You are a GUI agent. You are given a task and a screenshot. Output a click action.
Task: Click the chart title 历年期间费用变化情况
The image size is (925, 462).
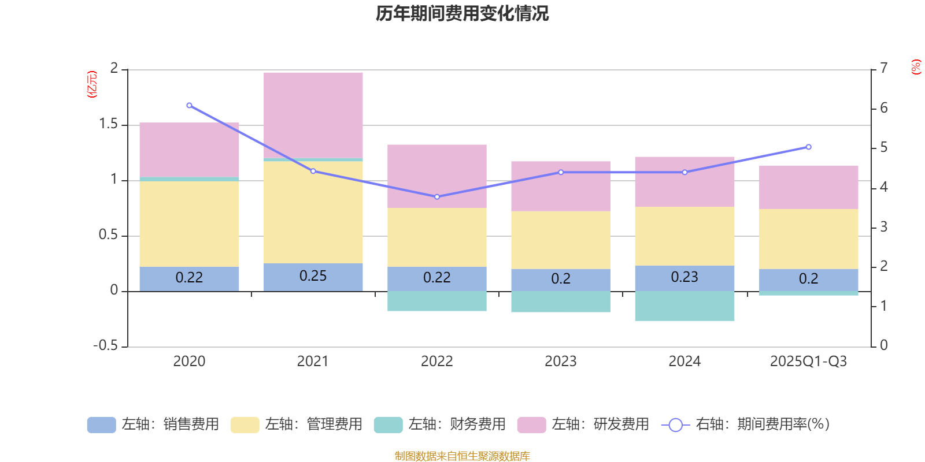(462, 13)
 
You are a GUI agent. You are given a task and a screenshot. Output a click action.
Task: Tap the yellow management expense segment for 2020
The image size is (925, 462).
(189, 223)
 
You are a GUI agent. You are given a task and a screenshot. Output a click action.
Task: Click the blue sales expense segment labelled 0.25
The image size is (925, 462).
(313, 277)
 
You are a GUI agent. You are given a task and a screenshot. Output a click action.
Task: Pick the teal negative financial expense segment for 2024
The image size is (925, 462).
(684, 306)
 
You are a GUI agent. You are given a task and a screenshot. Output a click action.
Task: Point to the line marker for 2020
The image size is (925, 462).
(189, 106)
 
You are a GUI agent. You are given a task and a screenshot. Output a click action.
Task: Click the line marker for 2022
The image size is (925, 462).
(437, 197)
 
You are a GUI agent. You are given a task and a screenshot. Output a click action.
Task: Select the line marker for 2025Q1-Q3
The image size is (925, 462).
(808, 147)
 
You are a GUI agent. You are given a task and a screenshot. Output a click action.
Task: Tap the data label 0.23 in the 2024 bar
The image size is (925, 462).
(684, 277)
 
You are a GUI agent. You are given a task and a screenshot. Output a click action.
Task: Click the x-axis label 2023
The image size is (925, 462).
(561, 362)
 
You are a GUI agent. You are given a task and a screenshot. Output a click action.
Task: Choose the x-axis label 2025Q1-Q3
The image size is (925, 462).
(808, 362)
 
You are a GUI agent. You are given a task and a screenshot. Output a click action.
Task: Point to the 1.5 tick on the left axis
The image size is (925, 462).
(108, 124)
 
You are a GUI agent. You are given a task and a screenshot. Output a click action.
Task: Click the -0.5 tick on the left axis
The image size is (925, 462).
(106, 345)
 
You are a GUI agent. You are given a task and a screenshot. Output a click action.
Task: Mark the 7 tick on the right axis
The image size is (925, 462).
(883, 68)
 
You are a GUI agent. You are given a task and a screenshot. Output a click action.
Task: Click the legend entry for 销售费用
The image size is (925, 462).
(154, 424)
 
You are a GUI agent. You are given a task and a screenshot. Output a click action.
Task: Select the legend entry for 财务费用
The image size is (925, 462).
(441, 424)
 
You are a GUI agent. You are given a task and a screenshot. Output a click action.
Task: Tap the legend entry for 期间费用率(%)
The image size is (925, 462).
(746, 424)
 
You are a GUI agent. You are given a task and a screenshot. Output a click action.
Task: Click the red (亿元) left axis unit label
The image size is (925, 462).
(91, 84)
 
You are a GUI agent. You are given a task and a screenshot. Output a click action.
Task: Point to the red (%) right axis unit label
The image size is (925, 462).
(916, 67)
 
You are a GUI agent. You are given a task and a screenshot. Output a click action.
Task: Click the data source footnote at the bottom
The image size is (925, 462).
(462, 456)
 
